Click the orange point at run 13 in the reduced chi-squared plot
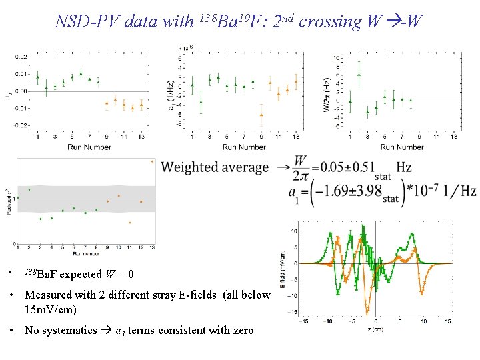pos(152,161)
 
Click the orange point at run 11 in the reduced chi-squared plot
pos(130,222)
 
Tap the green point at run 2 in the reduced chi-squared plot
pos(29,190)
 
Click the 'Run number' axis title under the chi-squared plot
pos(87,254)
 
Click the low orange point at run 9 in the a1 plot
pos(261,115)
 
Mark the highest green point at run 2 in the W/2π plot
pos(359,74)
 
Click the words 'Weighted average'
pos(215,167)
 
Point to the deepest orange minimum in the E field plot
pos(366,312)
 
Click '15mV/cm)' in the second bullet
pos(51,309)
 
